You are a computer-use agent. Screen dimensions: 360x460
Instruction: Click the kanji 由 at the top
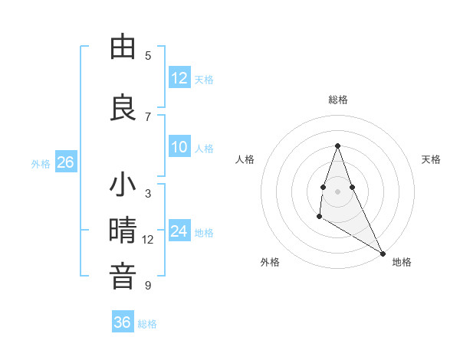(x=123, y=47)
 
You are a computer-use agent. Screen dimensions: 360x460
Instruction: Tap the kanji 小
(x=123, y=185)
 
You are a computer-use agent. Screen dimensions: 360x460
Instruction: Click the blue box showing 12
(x=179, y=78)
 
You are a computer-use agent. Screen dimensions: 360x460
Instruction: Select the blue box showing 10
(x=179, y=148)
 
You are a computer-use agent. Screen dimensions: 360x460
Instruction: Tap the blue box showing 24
(x=179, y=232)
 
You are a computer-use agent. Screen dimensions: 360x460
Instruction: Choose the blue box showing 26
(x=65, y=162)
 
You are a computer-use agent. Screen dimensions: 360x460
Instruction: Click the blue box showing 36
(x=122, y=322)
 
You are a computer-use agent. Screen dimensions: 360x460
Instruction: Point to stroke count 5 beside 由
(x=148, y=56)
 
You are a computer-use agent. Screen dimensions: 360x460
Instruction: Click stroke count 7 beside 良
(x=148, y=116)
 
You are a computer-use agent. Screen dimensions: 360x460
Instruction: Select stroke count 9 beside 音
(x=148, y=286)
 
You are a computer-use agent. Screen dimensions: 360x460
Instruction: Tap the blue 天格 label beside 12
(x=204, y=79)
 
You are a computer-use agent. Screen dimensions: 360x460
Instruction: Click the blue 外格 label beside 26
(x=41, y=163)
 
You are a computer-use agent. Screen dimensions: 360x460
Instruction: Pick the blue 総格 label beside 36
(x=147, y=323)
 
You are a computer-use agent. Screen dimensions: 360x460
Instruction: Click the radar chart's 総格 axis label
(x=337, y=100)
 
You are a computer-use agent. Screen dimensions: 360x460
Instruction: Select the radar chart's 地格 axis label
(x=402, y=262)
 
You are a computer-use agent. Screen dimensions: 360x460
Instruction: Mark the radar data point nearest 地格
(x=383, y=253)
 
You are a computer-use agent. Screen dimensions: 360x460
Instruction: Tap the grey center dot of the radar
(x=337, y=191)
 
